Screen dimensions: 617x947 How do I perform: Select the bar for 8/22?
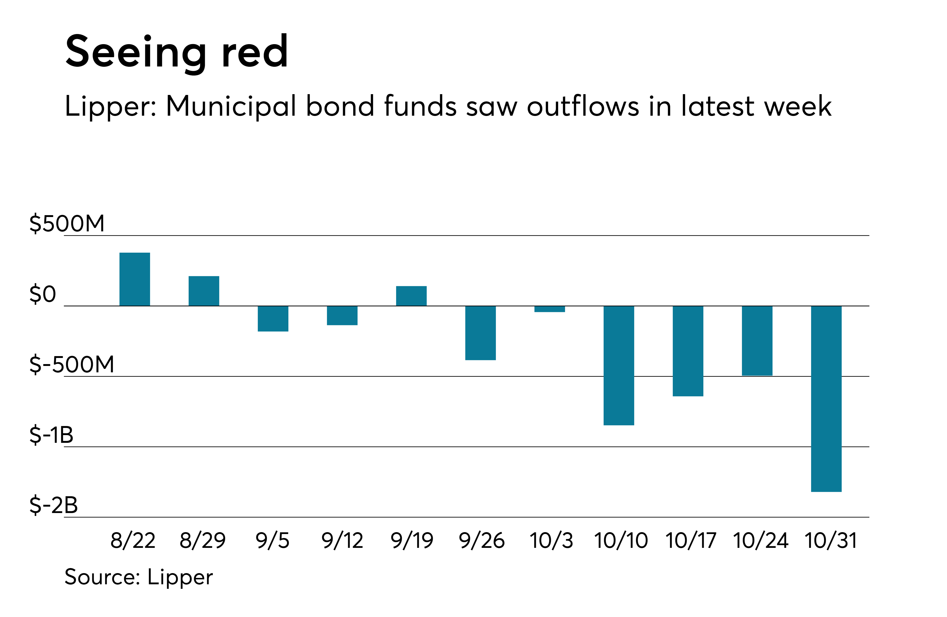click(135, 279)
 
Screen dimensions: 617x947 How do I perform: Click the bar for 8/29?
click(204, 291)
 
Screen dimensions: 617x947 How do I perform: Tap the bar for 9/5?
click(273, 318)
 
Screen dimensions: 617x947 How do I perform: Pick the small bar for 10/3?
click(550, 309)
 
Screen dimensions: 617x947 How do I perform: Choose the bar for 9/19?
click(411, 295)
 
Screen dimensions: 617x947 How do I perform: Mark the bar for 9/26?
click(480, 332)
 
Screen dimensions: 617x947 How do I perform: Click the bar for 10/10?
click(619, 365)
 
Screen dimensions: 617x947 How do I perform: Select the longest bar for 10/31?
click(826, 399)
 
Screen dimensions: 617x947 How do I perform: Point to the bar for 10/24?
click(757, 340)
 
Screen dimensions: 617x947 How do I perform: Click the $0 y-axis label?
click(43, 294)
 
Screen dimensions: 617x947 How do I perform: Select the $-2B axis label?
click(53, 505)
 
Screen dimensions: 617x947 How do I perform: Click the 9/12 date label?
click(342, 541)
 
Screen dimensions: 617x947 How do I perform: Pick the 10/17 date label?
click(691, 541)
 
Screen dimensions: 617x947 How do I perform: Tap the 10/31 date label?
click(830, 541)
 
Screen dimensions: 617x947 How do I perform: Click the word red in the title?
click(255, 52)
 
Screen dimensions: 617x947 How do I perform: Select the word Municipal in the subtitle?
click(231, 107)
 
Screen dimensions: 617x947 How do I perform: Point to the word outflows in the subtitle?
click(583, 107)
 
